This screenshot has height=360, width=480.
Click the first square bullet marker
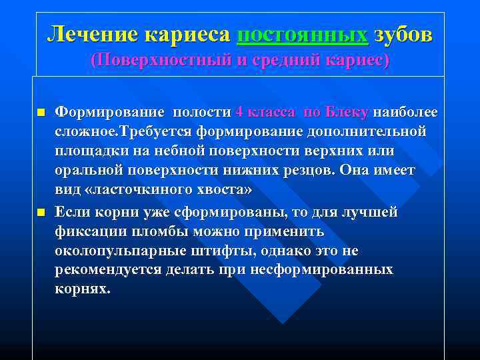pyautogui.click(x=41, y=112)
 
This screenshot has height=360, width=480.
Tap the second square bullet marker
pyautogui.click(x=41, y=212)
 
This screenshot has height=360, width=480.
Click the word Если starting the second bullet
pyautogui.click(x=73, y=213)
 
